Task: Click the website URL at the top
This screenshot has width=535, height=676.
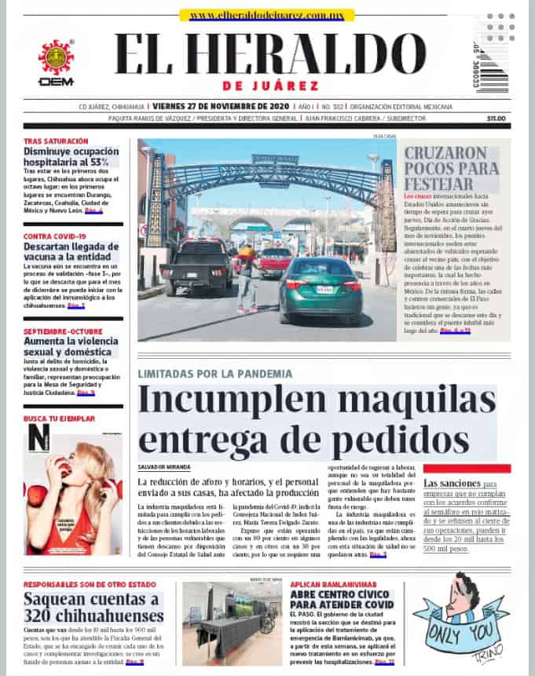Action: pos(266,15)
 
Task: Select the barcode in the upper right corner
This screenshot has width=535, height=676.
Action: pos(493,71)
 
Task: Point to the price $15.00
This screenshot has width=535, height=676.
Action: pos(496,119)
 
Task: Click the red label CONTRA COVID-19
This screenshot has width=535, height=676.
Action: pos(54,236)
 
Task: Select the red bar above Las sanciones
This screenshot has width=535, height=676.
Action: pos(467,468)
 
